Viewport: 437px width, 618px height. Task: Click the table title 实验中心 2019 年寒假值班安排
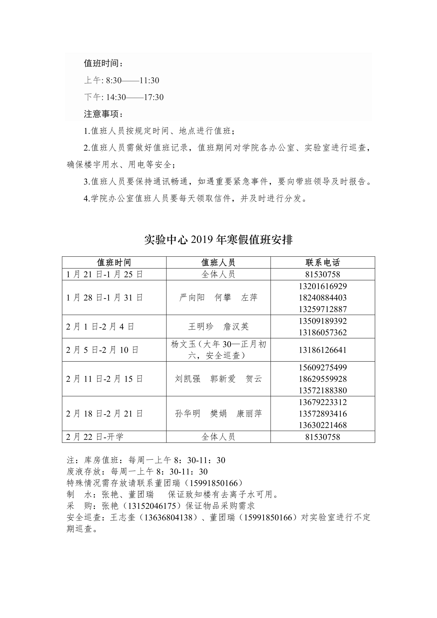pos(218,240)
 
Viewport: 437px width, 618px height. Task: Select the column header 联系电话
pos(323,262)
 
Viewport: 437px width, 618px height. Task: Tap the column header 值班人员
pos(218,262)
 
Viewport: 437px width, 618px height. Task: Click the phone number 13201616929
pos(323,286)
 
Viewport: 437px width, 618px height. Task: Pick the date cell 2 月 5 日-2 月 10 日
pos(102,350)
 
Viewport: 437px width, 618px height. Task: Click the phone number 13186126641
pos(323,350)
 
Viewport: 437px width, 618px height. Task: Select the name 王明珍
pos(201,327)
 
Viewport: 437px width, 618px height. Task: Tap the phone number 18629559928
pos(323,379)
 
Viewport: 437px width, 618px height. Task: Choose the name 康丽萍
pos(249,414)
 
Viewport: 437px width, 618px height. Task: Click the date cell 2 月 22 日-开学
pos(95,437)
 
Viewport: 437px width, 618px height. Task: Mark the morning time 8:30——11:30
pos(132,80)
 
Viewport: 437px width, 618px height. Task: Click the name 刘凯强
pos(188,379)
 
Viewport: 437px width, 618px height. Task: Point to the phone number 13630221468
pos(323,425)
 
